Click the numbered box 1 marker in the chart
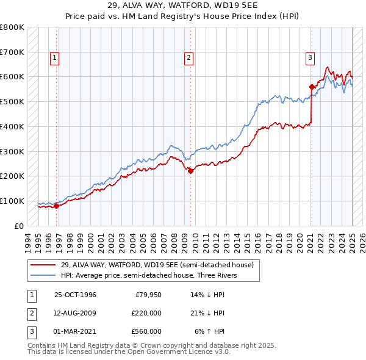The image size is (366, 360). coord(54,58)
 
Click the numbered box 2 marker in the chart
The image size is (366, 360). coord(188,58)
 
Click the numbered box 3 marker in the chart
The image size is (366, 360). coord(310,58)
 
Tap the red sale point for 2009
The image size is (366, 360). coord(190,171)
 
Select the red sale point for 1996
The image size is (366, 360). coord(57,206)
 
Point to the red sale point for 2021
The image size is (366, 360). coord(312,86)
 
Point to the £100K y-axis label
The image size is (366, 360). coord(12,201)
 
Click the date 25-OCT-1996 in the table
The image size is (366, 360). coord(75,295)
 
